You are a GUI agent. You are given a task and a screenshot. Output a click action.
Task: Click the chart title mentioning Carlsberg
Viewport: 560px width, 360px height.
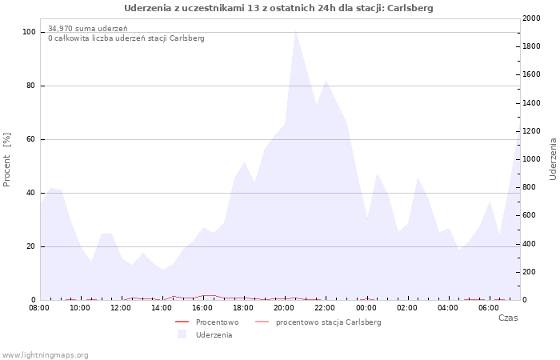pos(278,8)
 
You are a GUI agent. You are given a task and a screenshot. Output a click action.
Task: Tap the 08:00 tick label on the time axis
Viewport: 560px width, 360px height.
pos(39,308)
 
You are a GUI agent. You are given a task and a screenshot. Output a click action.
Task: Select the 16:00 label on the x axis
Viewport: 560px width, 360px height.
pos(203,308)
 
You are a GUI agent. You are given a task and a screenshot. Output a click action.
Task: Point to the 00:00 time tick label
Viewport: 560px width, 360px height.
pos(366,308)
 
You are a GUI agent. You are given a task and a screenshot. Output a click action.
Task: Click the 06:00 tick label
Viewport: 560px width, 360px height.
pos(489,308)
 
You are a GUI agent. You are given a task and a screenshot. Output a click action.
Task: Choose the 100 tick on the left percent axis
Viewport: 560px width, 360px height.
pos(29,32)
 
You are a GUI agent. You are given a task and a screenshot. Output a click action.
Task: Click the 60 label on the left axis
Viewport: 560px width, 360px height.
pos(30,139)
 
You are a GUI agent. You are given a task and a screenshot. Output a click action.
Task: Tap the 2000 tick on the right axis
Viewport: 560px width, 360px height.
pos(531,18)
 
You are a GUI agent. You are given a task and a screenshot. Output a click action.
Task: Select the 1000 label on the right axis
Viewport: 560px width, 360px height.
pos(531,159)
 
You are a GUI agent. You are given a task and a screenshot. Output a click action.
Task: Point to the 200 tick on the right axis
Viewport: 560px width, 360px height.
pos(530,272)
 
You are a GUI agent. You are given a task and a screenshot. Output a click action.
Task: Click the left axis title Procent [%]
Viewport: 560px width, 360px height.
pos(6,160)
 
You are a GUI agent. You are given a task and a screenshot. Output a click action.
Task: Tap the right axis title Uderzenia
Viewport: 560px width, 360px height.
pos(553,159)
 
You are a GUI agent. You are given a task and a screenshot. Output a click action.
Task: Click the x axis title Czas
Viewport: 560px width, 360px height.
pos(508,318)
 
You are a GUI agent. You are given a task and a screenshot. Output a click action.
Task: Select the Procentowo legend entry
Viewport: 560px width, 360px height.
pos(207,322)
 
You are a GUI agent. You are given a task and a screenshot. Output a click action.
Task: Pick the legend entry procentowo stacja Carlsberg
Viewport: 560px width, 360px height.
pos(318,322)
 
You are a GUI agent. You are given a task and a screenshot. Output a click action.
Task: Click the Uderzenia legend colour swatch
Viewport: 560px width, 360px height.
pos(182,334)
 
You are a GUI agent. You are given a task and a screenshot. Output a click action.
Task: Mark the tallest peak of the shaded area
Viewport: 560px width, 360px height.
pos(296,30)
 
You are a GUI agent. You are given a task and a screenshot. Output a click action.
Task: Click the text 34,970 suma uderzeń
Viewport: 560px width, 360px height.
pos(88,29)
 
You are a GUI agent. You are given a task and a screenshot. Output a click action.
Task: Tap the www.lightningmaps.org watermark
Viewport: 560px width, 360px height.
pos(45,355)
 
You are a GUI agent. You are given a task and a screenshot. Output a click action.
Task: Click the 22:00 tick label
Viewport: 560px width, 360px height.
pos(326,308)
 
